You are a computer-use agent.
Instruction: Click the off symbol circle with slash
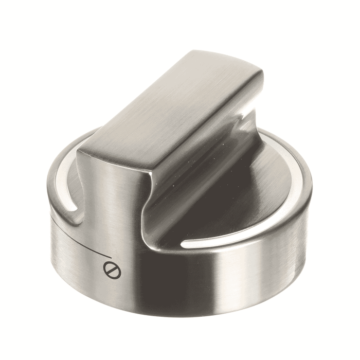(x=113, y=270)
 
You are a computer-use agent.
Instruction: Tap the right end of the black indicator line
(x=110, y=255)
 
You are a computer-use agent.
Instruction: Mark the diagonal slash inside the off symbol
(x=113, y=270)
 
